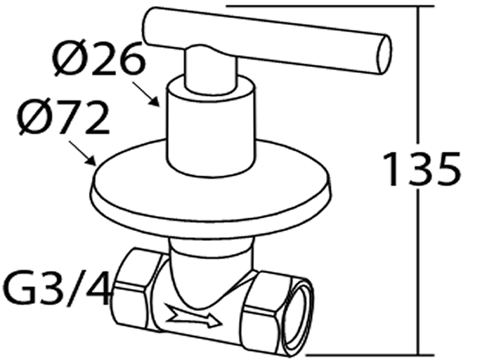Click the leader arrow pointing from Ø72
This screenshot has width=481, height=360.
pyautogui.click(x=83, y=153)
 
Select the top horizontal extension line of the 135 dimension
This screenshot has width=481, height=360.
pyautogui.click(x=329, y=6)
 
